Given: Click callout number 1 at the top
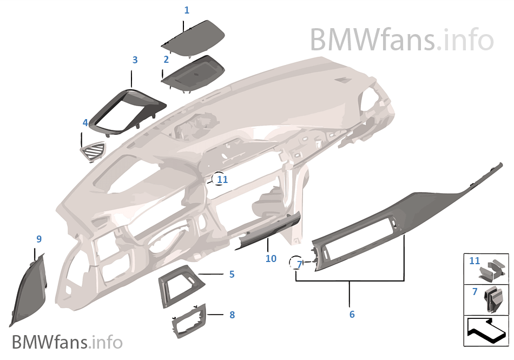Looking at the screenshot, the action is coord(187,10).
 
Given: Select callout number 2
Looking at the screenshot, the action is coord(166,60).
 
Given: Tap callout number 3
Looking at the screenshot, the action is coord(135,60).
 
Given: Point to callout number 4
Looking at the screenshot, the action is coord(85,123).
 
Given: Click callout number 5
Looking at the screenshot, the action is coord(232,274).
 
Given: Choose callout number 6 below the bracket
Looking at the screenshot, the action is coord(352,315).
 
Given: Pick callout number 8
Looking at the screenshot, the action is coord(232,315).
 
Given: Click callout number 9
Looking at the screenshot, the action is coord(39,239).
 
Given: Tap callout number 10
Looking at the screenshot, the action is coord(271,258).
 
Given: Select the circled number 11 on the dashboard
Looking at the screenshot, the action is coord(222,179).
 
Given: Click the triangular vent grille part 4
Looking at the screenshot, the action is coord(93,152).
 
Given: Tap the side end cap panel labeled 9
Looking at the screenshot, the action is coord(29,290).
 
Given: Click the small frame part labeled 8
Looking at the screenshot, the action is coord(189,320).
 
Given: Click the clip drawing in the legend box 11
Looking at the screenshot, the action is coord(492,271).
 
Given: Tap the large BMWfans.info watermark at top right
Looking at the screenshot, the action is coord(402,40).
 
